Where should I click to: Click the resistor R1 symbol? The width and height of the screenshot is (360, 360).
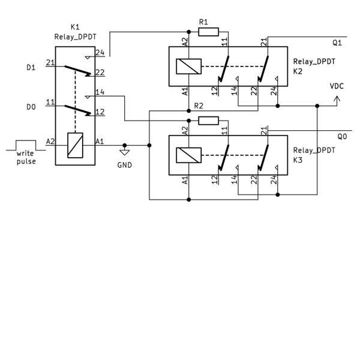click(208, 32)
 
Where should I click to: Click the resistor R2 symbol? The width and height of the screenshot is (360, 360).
click(208, 121)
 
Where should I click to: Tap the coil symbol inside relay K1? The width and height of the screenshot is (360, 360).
click(75, 145)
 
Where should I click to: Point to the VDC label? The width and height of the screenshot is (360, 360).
click(337, 86)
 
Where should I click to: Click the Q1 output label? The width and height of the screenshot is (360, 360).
click(337, 43)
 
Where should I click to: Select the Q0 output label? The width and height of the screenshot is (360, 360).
click(342, 137)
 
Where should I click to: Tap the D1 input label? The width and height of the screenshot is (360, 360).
click(31, 68)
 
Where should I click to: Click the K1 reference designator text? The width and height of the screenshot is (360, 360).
click(75, 27)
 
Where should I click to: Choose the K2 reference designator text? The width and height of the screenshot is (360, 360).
click(298, 71)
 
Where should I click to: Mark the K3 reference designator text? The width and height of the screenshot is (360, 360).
click(298, 160)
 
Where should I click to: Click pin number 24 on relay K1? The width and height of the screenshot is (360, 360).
click(100, 53)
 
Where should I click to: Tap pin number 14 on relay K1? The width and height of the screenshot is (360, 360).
click(100, 92)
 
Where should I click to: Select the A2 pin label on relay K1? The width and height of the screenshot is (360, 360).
click(50, 141)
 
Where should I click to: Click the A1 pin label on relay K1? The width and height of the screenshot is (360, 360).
click(100, 141)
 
